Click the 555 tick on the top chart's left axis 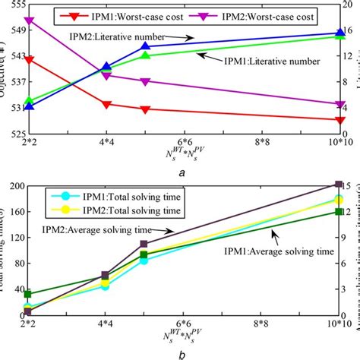tap(15, 4)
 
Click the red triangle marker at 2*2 tap(29, 59)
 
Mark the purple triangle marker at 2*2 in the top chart tap(29, 21)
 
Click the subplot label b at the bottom tap(182, 353)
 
